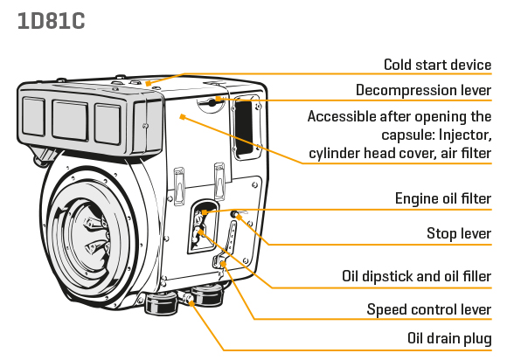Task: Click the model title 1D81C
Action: [51, 21]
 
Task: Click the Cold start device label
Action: [438, 65]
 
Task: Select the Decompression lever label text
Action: [423, 90]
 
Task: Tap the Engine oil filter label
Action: [443, 198]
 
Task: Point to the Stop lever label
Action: [459, 233]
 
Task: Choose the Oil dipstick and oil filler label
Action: [417, 276]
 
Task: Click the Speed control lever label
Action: [429, 309]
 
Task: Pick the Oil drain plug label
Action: [449, 338]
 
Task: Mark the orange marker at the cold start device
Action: [149, 84]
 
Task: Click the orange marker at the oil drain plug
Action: [191, 304]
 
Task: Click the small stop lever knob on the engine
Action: [234, 214]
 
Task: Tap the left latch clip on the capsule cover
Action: [179, 186]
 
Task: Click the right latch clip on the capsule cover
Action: [219, 181]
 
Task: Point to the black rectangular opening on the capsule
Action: [244, 128]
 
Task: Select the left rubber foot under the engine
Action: [161, 303]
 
